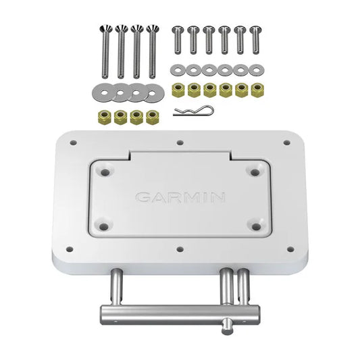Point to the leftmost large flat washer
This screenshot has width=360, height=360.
pos(96,90)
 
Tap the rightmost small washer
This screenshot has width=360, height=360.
pos(256,70)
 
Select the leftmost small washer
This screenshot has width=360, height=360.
pos(178,70)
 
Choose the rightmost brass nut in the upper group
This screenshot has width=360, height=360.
pos(256,88)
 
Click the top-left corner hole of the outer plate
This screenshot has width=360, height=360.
pos(72,143)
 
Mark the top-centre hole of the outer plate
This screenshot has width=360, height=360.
pos(180,143)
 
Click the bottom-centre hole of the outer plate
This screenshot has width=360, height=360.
pos(180,249)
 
